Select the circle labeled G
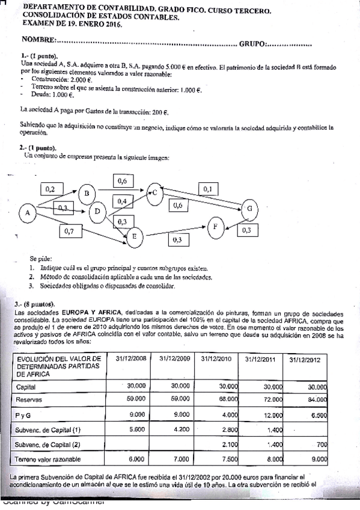point(249,209)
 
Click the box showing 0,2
point(50,189)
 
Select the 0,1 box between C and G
point(207,189)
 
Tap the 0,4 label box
point(122,201)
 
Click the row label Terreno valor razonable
point(49,459)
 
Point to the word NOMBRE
point(38,41)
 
